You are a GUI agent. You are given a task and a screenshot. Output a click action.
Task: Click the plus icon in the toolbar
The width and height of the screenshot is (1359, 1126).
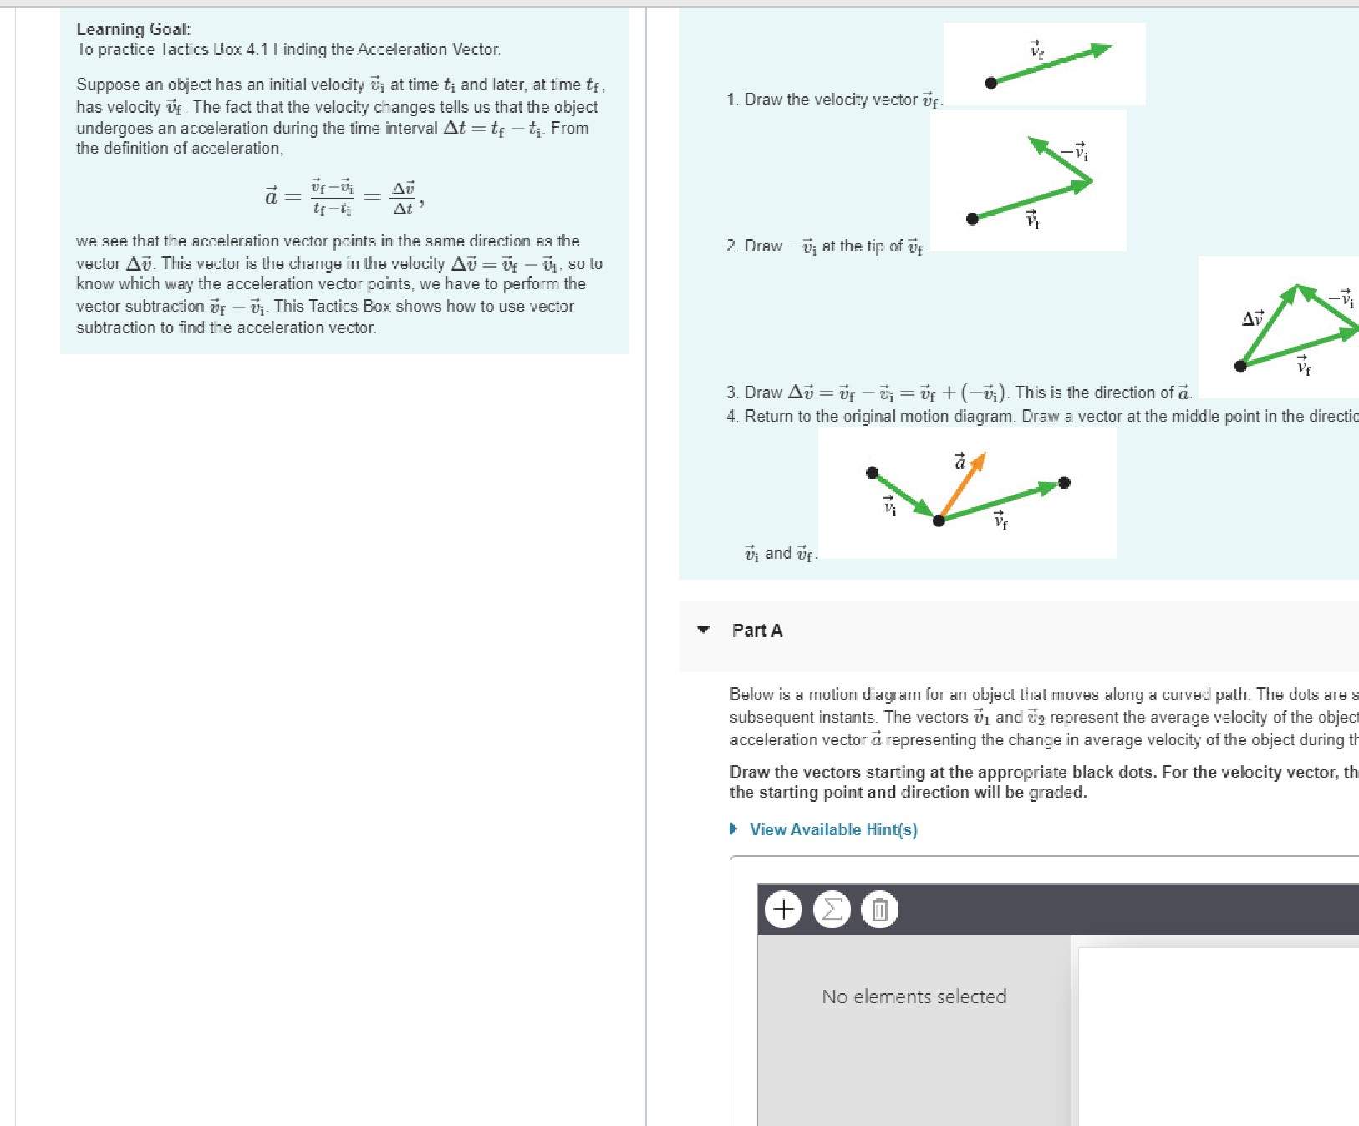click(783, 908)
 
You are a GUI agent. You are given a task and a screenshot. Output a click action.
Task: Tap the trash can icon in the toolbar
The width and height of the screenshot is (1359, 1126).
click(879, 908)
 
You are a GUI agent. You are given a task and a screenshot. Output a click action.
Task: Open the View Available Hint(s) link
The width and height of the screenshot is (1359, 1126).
click(832, 829)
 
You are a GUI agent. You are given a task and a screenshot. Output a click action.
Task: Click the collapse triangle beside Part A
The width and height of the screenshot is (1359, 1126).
click(703, 630)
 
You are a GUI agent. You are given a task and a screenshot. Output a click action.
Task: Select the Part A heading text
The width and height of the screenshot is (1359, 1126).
click(757, 631)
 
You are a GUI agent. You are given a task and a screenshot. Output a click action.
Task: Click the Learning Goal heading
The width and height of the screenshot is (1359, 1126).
click(134, 29)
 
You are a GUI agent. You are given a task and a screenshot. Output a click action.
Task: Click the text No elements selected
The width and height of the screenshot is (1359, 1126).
click(914, 997)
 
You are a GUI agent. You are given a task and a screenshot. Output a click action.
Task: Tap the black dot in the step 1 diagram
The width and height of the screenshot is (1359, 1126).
click(991, 83)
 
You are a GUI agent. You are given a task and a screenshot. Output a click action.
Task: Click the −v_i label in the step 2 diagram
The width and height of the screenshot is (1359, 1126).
click(1075, 152)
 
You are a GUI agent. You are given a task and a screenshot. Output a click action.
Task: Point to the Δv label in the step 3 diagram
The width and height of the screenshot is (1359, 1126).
click(1252, 317)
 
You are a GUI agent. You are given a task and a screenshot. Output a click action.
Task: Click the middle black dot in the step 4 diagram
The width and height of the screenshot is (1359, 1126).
click(939, 520)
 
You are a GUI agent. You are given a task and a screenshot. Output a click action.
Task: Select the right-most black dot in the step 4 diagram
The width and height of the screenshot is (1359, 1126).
click(1064, 483)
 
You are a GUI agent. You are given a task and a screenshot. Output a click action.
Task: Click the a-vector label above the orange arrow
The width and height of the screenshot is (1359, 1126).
click(960, 461)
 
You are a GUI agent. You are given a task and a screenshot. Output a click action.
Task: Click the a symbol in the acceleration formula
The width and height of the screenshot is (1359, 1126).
click(271, 197)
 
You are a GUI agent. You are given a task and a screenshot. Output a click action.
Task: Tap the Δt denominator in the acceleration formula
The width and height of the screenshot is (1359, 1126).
click(403, 208)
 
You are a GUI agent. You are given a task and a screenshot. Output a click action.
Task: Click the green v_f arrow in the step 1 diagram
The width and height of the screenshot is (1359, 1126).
click(1053, 65)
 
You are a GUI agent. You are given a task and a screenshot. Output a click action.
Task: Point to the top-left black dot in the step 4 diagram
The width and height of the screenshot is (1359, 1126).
click(872, 473)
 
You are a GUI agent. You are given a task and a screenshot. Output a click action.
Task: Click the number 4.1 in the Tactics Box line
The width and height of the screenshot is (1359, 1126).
click(257, 49)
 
